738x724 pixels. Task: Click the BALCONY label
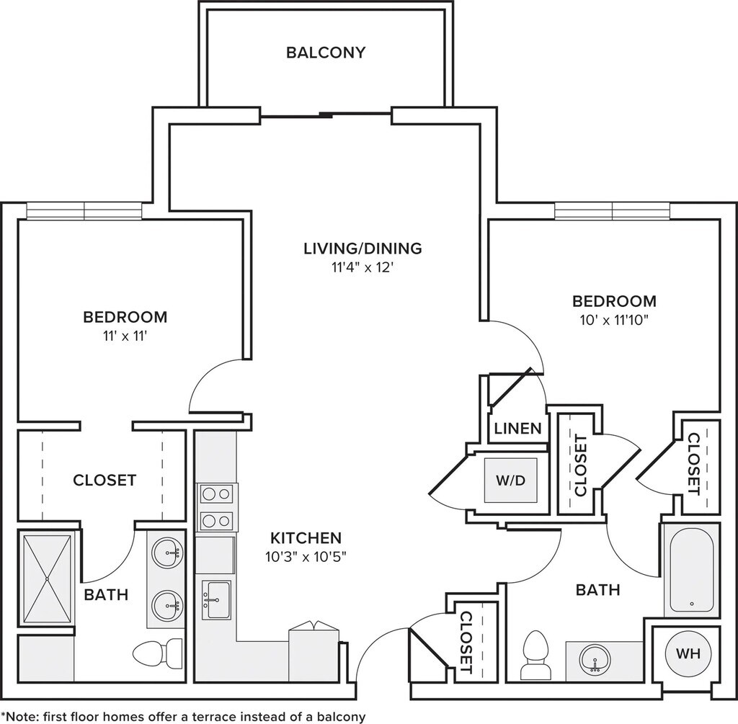point(326,52)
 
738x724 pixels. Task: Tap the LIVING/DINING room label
point(363,248)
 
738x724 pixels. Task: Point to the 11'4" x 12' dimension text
point(363,268)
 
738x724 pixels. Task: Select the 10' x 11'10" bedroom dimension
point(614,321)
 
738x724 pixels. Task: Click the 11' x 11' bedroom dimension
point(125,336)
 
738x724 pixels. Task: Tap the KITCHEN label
point(306,537)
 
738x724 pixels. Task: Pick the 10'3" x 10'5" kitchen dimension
point(306,558)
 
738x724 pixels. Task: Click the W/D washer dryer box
point(511,481)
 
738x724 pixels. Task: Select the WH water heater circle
point(688,653)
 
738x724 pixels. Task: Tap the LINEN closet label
point(518,429)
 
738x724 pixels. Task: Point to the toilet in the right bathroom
point(535,656)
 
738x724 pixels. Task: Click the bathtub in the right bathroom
point(691,570)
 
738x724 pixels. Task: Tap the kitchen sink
point(216,600)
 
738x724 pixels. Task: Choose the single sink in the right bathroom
point(595,661)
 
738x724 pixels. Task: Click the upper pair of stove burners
point(216,494)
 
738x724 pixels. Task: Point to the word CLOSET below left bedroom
point(105,481)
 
